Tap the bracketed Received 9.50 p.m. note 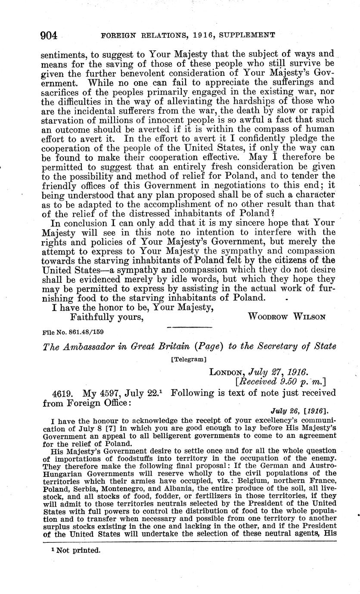pos(280,381)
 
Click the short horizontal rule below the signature pos(189,328)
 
